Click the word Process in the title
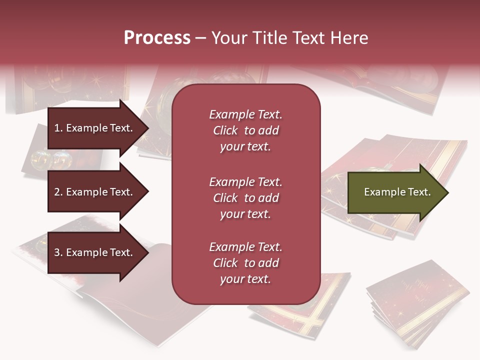click(157, 38)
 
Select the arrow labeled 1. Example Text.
click(95, 128)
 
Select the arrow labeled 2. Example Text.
click(95, 192)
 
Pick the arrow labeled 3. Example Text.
click(95, 252)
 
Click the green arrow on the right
click(395, 192)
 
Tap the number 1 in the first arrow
click(57, 128)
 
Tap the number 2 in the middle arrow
click(57, 192)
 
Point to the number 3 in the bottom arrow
click(57, 252)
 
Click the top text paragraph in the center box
click(245, 130)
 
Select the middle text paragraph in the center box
click(245, 198)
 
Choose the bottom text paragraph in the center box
click(245, 263)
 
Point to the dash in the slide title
click(200, 38)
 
